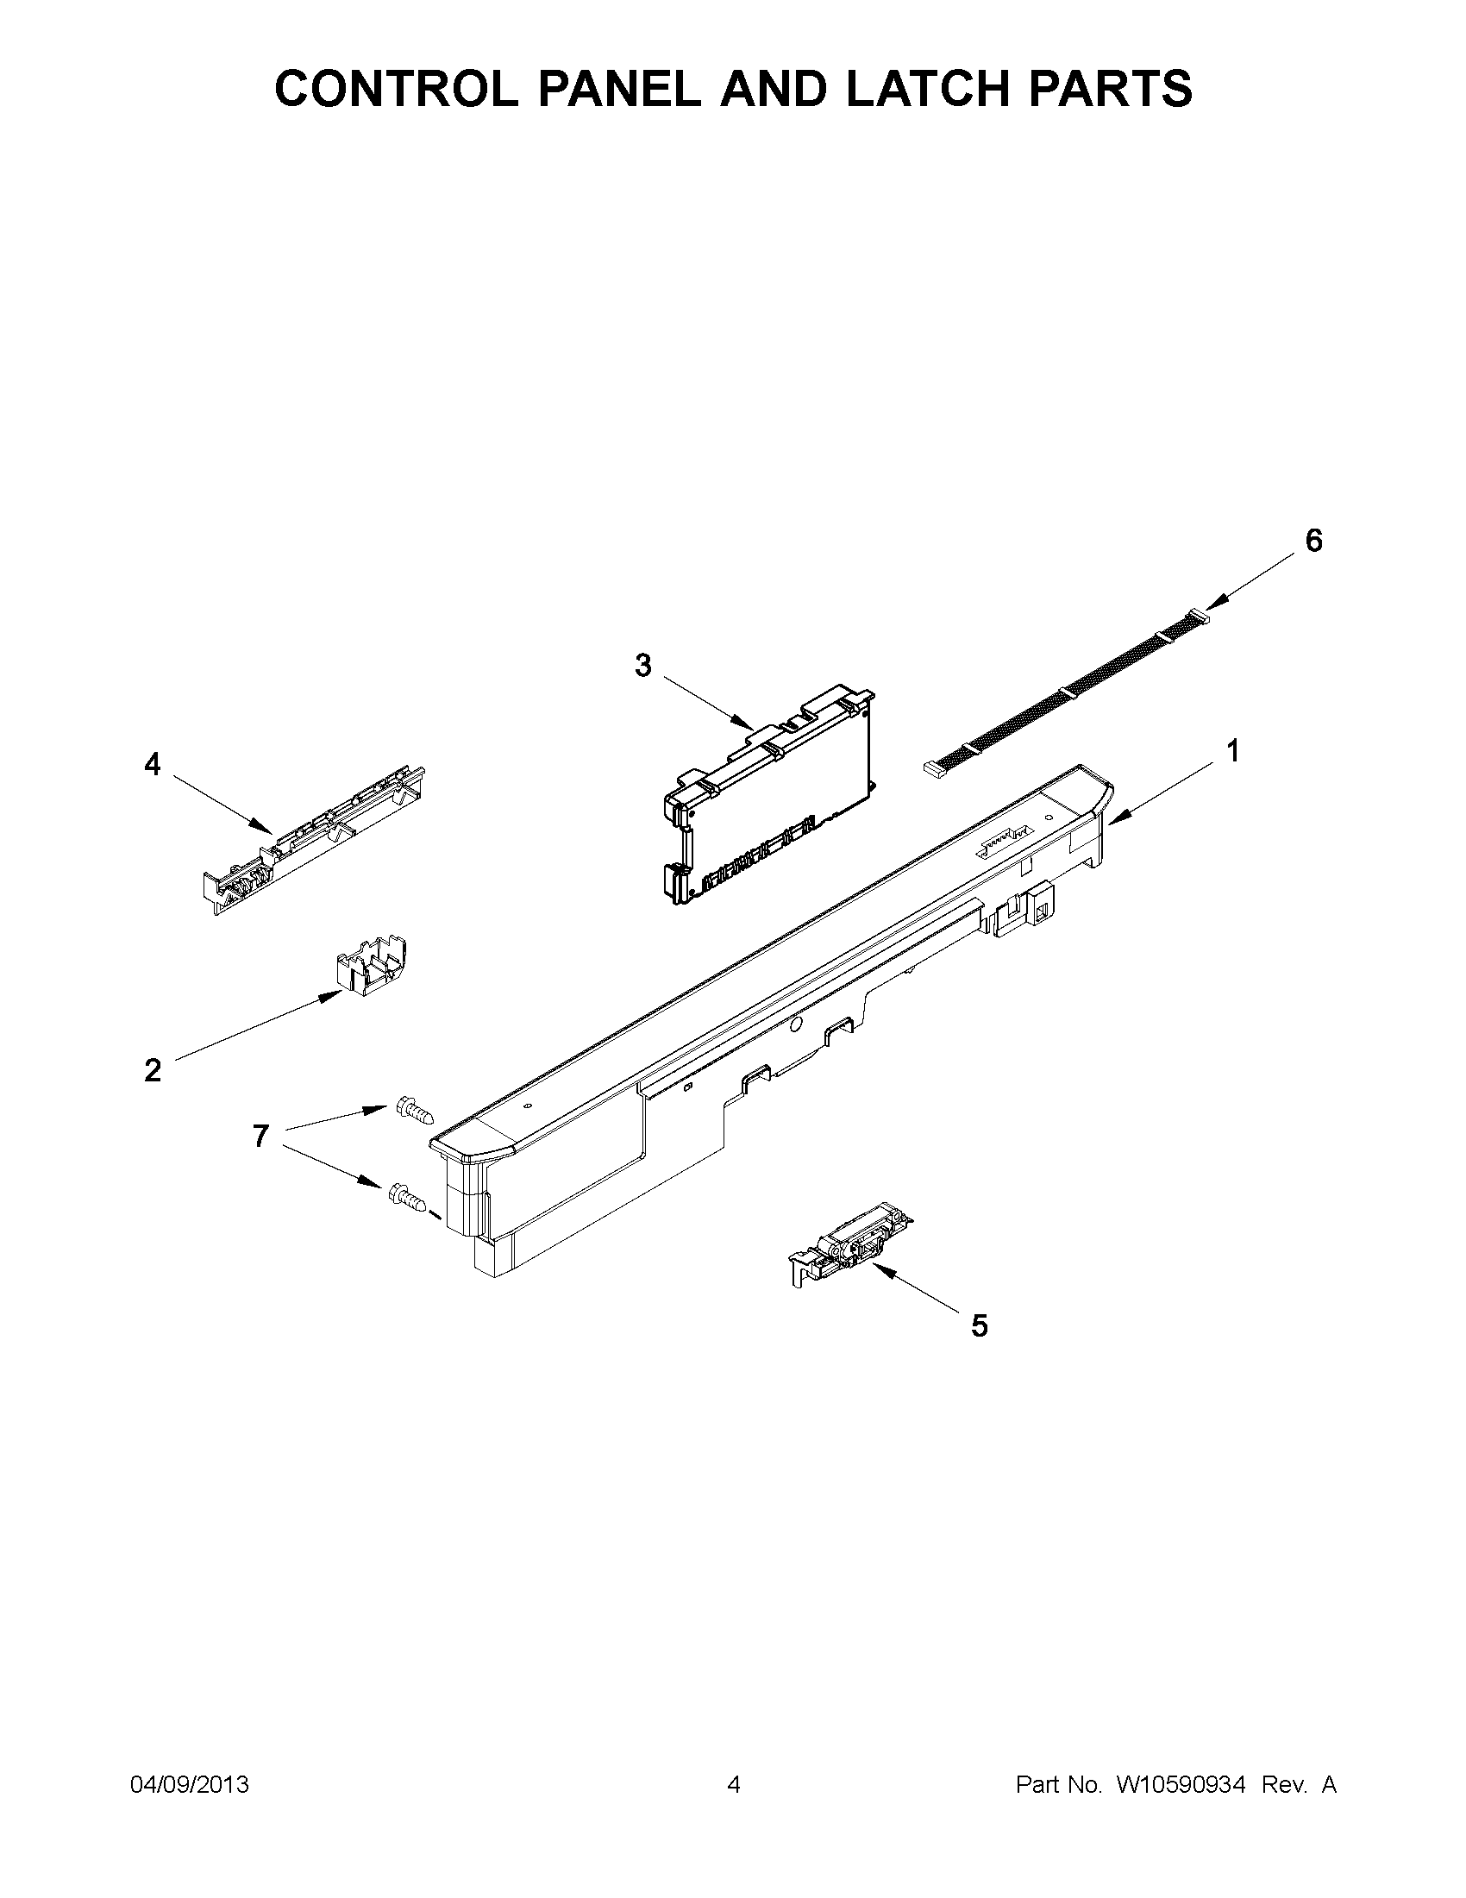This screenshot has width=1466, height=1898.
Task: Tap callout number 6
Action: [x=1313, y=541]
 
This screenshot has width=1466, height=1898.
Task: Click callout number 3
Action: [x=642, y=666]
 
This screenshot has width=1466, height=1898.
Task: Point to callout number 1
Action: [x=1232, y=751]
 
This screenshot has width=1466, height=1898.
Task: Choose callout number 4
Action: [x=152, y=765]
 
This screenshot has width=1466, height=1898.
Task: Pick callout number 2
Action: [x=152, y=1071]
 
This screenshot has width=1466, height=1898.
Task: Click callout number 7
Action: [x=260, y=1136]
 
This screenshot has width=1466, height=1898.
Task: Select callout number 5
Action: [x=980, y=1326]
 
